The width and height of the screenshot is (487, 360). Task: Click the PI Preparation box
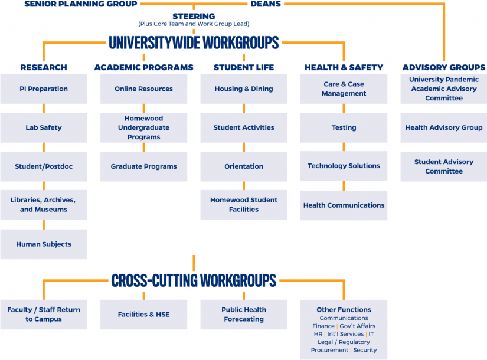click(44, 89)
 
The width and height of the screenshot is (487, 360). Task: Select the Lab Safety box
click(44, 127)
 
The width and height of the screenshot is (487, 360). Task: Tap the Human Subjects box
click(44, 244)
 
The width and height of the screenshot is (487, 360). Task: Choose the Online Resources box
click(143, 89)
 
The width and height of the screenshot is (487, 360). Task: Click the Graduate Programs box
click(143, 166)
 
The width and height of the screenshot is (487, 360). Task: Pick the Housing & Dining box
click(244, 89)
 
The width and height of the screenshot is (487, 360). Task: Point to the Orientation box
click(244, 166)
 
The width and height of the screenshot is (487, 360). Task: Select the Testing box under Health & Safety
click(344, 127)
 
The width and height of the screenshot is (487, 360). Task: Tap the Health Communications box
click(344, 205)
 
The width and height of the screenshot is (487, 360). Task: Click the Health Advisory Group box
click(444, 127)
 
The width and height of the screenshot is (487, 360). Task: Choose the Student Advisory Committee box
click(444, 166)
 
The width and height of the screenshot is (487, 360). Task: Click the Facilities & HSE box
click(143, 315)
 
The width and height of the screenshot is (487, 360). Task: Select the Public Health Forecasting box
click(244, 315)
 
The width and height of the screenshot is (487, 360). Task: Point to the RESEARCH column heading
click(44, 67)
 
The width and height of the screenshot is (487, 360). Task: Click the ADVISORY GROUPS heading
click(444, 67)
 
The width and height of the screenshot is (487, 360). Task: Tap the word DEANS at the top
click(266, 4)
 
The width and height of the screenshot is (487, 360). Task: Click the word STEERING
click(194, 16)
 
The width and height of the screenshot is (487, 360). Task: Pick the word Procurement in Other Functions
click(329, 350)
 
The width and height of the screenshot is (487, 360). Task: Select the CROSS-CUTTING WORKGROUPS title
click(194, 280)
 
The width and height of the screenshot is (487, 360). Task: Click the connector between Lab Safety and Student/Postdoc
click(44, 147)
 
